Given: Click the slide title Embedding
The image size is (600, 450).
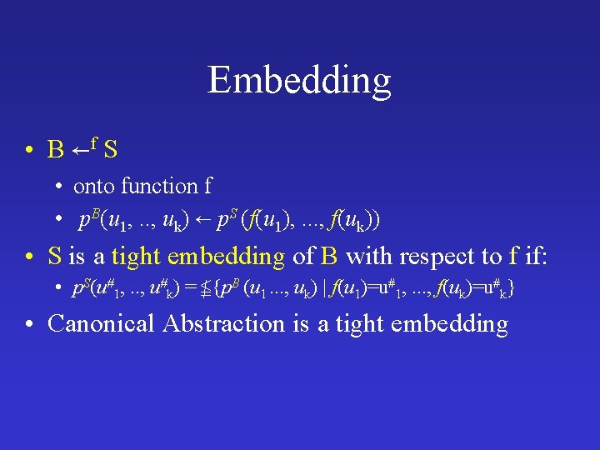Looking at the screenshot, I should pos(299,81).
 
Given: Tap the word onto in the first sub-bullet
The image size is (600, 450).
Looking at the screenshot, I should pos(94,186).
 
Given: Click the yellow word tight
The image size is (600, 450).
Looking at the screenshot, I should pos(137,255).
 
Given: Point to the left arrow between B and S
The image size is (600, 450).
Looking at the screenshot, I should pos(81,150).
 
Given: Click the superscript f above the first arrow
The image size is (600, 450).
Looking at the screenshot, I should pos(95,141).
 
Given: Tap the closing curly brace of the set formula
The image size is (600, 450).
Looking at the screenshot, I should pos(511,289).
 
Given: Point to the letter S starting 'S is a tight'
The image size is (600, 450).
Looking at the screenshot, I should pos(55,255).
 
